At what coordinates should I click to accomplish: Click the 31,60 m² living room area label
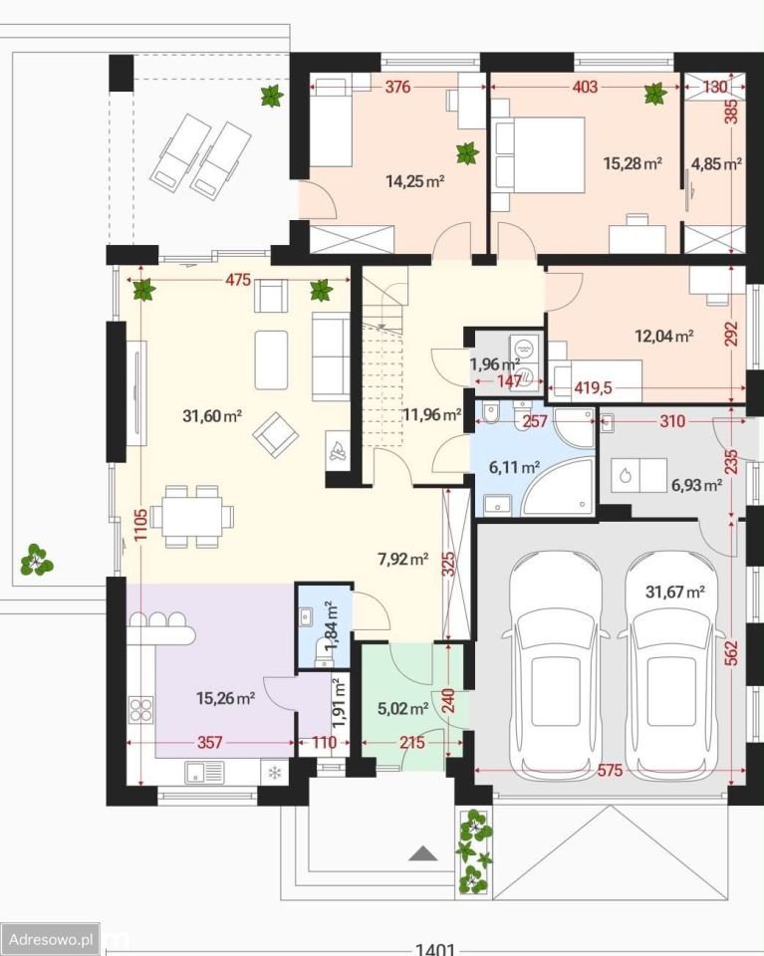(212, 416)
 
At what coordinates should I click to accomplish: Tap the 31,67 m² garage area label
(675, 592)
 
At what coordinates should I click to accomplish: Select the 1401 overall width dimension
(435, 949)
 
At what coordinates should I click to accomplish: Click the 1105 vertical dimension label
(140, 526)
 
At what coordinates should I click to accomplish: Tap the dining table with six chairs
(191, 517)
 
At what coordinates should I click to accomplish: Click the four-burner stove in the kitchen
(141, 710)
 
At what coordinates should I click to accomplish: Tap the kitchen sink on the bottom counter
(204, 772)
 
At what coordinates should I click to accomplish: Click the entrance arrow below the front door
(423, 852)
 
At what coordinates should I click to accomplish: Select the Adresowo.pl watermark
(51, 939)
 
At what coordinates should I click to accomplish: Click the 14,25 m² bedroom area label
(414, 180)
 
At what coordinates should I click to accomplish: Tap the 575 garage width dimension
(610, 771)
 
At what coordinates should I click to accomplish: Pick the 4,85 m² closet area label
(716, 163)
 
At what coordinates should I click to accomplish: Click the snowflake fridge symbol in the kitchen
(275, 773)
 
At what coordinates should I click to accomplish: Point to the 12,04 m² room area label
(664, 336)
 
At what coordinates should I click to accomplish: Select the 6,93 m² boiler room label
(697, 485)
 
